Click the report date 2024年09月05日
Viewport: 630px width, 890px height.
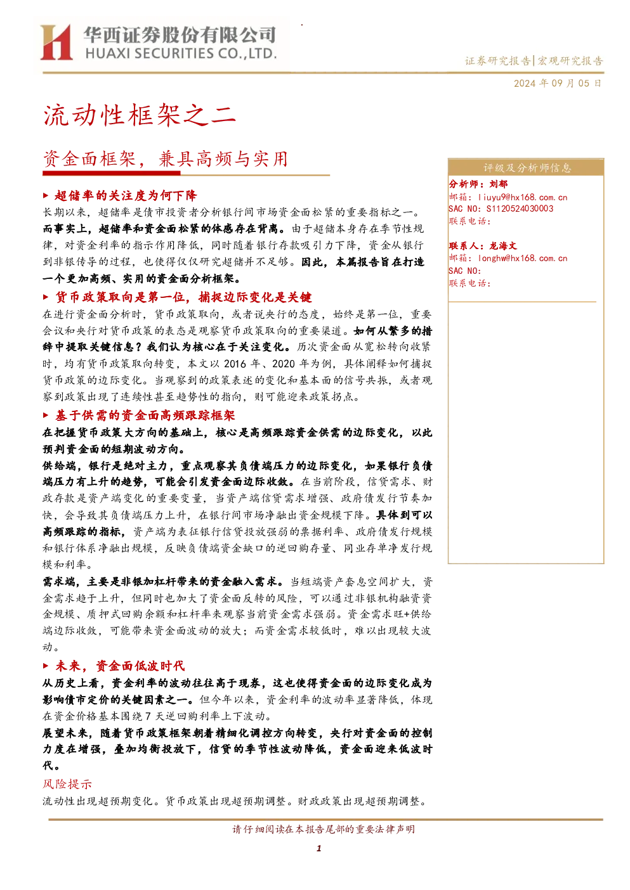pos(557,83)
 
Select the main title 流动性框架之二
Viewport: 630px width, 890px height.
pos(140,115)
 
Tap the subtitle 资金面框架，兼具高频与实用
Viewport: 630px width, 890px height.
pos(165,159)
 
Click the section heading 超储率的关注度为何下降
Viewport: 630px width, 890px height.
pos(126,195)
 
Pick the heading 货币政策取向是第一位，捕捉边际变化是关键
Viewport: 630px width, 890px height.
pos(183,297)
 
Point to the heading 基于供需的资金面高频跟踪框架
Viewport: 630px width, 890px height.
pos(145,416)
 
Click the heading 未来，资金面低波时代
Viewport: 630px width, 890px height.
pos(120,666)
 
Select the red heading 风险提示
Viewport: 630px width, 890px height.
pos(67,784)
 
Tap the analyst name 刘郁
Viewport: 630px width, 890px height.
pos(498,184)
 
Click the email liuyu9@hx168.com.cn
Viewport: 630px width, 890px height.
pos(523,197)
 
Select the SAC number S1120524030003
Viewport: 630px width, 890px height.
pos(520,209)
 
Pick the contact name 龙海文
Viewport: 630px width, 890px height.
pos(503,246)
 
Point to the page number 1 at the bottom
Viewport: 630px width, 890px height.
pos(318,848)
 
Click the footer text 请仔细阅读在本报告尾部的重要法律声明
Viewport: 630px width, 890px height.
pos(324,829)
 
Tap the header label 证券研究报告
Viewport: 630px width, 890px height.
pos(497,61)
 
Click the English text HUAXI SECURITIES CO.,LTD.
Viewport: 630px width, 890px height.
pos(181,53)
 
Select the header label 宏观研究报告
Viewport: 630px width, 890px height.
pos(570,61)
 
